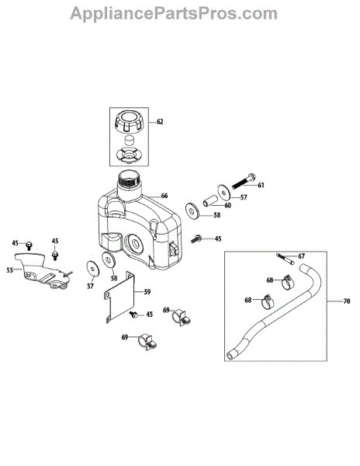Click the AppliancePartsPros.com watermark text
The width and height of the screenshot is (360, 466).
click(174, 14)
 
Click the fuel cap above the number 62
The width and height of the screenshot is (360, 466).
click(129, 122)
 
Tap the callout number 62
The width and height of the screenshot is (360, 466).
click(160, 122)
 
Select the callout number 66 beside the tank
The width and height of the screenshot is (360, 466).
click(164, 196)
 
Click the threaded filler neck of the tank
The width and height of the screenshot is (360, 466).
click(129, 181)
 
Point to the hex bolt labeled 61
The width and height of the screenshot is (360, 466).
click(244, 181)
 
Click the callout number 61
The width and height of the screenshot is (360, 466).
click(261, 185)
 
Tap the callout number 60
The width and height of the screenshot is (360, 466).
click(227, 205)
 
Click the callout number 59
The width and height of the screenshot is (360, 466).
click(147, 292)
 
